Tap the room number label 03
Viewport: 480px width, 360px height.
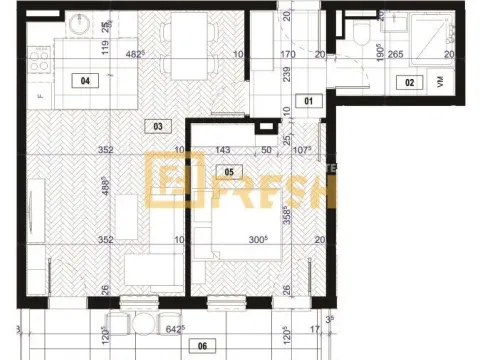pos(155,126)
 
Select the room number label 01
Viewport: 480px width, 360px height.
pos(309,101)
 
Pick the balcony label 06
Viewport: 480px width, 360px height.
pos(203,346)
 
